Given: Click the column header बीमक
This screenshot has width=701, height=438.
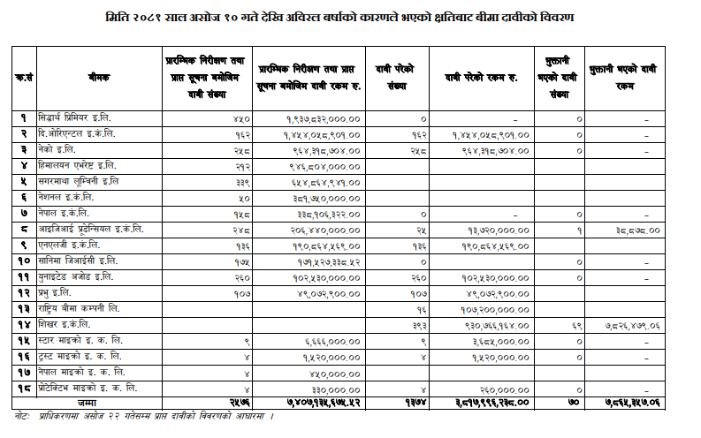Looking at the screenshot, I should tap(99, 78).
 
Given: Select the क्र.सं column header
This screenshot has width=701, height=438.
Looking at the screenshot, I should tap(24, 78).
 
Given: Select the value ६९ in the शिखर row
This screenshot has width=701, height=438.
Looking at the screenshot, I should tap(575, 324).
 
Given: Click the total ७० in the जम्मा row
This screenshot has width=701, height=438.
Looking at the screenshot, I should tap(575, 403).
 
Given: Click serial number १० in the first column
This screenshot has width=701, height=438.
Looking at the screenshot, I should tap(24, 261).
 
